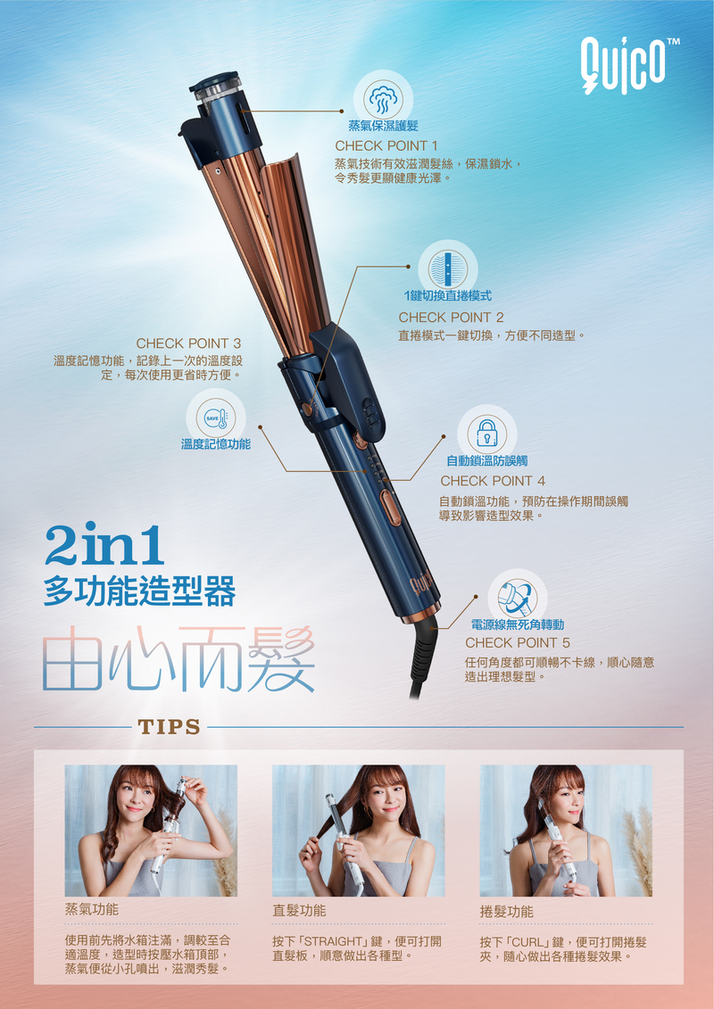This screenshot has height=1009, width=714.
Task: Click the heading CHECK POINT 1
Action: coord(386,145)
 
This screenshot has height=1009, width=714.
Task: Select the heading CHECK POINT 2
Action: coord(451,318)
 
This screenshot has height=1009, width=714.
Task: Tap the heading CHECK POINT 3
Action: coord(188,343)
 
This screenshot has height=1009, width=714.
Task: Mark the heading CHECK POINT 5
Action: coord(517,643)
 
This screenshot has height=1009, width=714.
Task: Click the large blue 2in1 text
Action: coord(104,545)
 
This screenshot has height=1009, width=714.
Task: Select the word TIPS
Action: coord(168,727)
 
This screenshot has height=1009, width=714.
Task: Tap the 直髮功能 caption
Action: coord(299,911)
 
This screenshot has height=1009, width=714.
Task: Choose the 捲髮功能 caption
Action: coord(506,912)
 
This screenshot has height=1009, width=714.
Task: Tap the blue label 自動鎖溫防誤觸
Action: coord(486,461)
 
